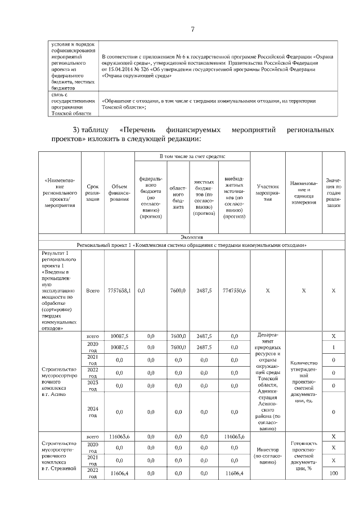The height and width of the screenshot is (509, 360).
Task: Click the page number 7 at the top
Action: point(192,30)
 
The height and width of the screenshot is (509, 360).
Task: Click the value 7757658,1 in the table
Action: point(119,291)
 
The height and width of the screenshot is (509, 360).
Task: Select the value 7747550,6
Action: point(233,291)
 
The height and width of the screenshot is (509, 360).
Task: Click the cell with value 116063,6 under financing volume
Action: point(119,436)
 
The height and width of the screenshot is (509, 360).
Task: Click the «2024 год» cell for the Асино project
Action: point(92,412)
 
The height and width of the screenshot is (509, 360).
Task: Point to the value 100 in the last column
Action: point(334,474)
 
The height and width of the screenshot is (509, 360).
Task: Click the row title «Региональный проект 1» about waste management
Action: point(191,245)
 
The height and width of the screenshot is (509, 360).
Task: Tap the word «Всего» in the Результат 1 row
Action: point(92,291)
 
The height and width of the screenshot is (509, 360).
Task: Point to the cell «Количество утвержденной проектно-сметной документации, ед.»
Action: point(304,381)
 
